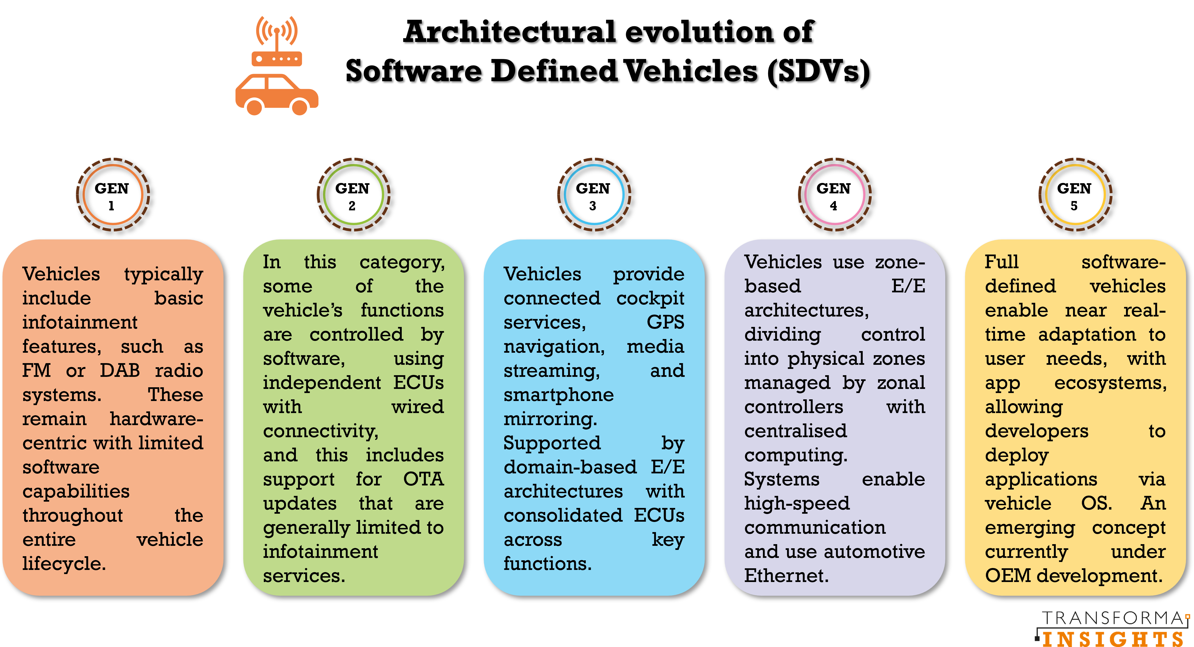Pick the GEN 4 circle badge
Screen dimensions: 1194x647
(x=834, y=195)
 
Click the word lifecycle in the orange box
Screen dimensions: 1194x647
(x=64, y=564)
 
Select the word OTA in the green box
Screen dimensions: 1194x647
(x=423, y=479)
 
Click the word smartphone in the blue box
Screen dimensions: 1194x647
(x=559, y=395)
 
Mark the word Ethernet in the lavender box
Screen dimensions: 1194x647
(x=786, y=576)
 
